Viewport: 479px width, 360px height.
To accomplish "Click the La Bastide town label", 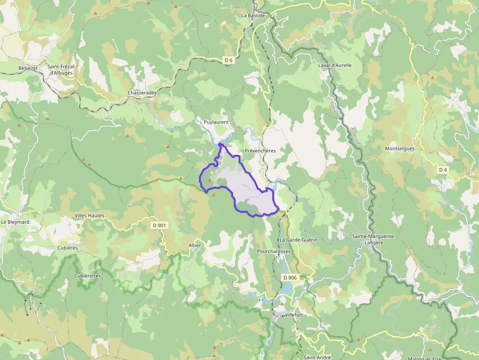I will tap(253, 16).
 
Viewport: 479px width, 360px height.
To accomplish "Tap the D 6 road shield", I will tap(228, 60).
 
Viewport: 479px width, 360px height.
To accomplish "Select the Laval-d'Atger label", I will tap(335, 65).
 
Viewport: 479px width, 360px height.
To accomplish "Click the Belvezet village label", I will tap(28, 68).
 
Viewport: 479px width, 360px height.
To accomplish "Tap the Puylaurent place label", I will tap(216, 122).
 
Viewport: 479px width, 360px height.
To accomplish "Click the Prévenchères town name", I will tap(261, 150).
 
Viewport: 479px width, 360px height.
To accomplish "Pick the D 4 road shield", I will tap(443, 170).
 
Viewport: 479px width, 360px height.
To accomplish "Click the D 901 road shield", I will tap(159, 225).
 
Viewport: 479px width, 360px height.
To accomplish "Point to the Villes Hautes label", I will tap(89, 215).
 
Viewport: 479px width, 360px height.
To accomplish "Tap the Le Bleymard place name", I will tap(15, 222).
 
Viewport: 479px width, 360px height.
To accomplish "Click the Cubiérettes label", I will tap(87, 275).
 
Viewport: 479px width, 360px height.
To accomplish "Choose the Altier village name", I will tap(195, 245).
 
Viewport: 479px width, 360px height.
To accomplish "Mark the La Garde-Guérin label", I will tap(298, 240).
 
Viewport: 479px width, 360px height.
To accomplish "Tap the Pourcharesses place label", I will tap(274, 252).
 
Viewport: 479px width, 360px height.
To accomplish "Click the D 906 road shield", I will tap(290, 278).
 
